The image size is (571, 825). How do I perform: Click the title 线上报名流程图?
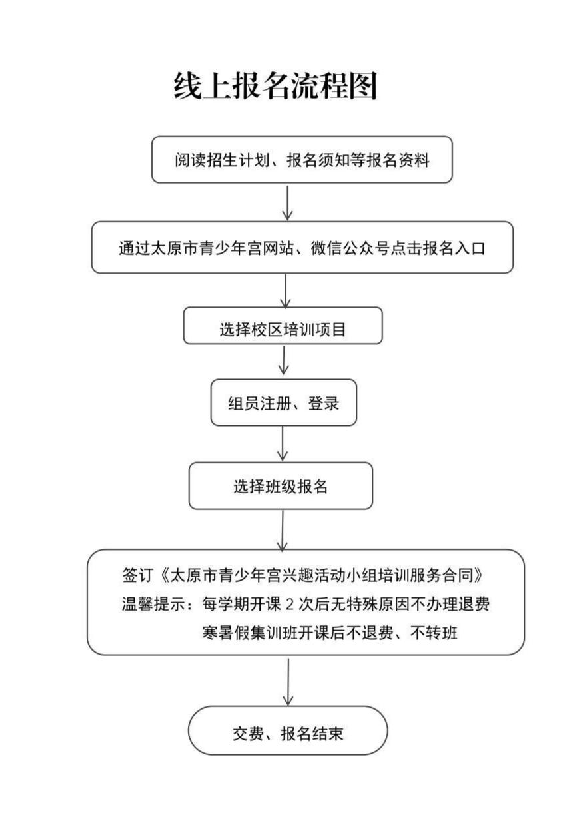pos(275,85)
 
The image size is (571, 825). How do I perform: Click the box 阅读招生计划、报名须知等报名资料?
pos(302,160)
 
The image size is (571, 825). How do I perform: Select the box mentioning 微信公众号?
pos(302,248)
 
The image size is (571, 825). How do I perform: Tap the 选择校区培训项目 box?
pos(283,326)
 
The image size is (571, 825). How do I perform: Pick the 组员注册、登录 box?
pos(283,403)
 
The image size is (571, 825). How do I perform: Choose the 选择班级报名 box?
pos(280,486)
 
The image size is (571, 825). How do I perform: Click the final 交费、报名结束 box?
pos(287,730)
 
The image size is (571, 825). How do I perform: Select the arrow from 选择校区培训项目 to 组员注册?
pos(285,361)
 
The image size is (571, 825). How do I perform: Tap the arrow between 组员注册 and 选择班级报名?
pos(283,443)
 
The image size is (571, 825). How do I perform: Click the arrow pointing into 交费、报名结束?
pos(288,681)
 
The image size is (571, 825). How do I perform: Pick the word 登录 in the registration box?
pos(324,403)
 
